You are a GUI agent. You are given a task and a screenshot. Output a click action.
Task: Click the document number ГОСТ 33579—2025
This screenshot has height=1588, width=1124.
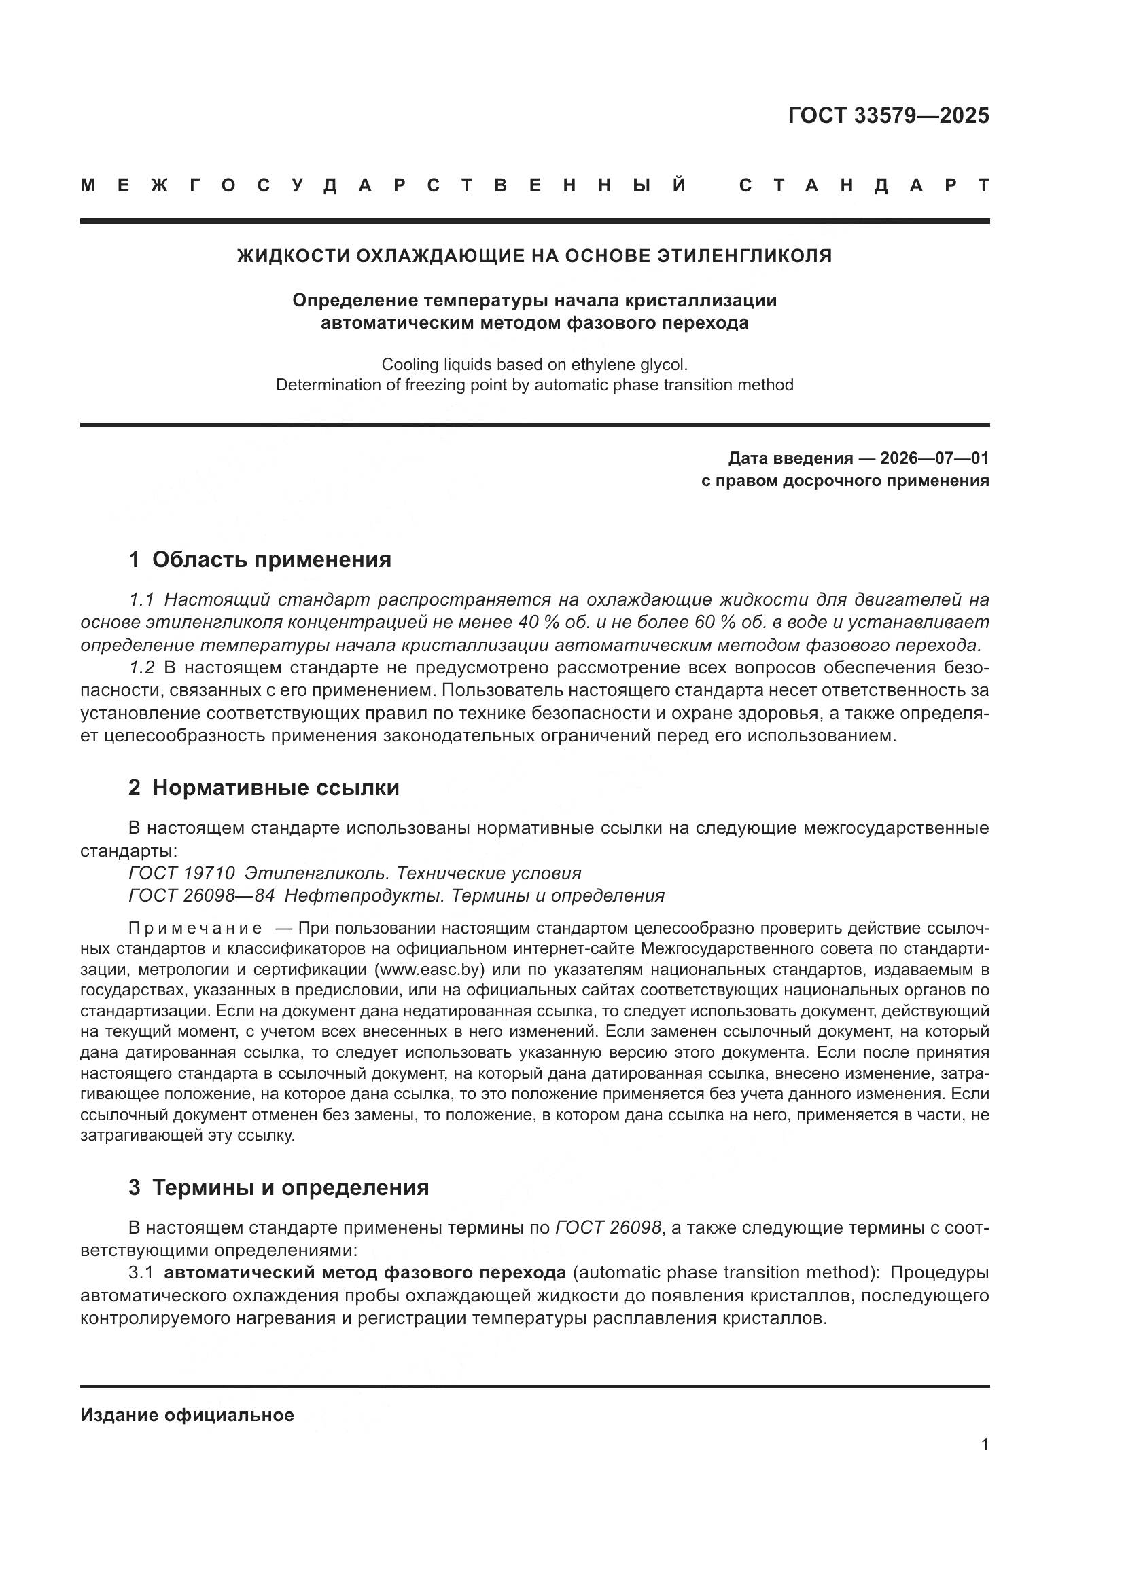tap(888, 115)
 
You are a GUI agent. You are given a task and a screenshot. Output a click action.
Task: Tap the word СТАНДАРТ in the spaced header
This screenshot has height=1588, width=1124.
tap(864, 185)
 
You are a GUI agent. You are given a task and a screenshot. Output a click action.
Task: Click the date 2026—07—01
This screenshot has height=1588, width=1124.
tap(934, 458)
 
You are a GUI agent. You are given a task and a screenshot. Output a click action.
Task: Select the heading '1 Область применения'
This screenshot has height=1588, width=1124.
tap(260, 559)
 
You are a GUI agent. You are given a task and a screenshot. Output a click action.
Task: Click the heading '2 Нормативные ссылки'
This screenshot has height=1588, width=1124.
tap(264, 788)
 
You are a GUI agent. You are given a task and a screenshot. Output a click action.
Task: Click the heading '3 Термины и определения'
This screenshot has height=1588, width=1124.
tap(278, 1187)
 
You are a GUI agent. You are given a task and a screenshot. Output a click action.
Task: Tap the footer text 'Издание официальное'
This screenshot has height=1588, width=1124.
tap(187, 1415)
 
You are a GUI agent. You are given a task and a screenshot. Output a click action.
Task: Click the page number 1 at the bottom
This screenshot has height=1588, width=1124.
tap(984, 1445)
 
